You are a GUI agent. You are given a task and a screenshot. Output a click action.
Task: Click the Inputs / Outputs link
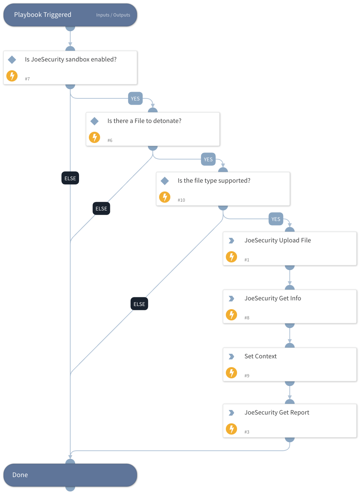pos(113,15)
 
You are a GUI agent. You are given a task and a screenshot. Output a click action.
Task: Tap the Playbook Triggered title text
pos(42,15)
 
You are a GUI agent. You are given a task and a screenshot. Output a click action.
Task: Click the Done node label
pos(20,475)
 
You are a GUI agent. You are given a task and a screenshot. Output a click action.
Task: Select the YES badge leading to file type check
pos(208,159)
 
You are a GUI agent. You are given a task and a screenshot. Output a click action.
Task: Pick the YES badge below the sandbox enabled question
pos(135,99)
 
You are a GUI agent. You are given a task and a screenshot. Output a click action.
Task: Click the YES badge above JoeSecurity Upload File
pos(276,219)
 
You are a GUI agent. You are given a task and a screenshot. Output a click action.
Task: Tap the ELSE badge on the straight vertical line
pos(70,178)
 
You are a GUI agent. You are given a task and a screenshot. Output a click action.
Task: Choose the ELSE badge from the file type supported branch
pos(139,304)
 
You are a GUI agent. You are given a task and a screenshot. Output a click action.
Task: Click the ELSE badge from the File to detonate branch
pos(101,209)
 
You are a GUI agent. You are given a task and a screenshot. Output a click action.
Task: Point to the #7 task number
pos(27,79)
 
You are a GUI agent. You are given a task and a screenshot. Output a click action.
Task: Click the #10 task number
pos(181,200)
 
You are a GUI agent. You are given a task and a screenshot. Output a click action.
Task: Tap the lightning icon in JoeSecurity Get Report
pos(231,429)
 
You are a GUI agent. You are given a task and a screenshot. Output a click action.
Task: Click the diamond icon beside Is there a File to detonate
pos(94,121)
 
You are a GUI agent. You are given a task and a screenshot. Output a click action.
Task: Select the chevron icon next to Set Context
pos(231,357)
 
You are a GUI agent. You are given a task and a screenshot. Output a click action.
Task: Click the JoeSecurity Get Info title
pos(273,298)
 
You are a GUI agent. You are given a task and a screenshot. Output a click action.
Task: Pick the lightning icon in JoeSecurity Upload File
pos(231,257)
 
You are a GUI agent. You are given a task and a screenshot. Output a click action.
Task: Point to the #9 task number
pos(247,376)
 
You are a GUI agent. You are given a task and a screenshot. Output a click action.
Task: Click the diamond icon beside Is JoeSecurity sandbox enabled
pos(12,60)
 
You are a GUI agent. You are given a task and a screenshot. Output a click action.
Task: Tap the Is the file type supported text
pos(214,181)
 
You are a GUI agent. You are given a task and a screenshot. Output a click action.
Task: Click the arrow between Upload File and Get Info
pos(290,278)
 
